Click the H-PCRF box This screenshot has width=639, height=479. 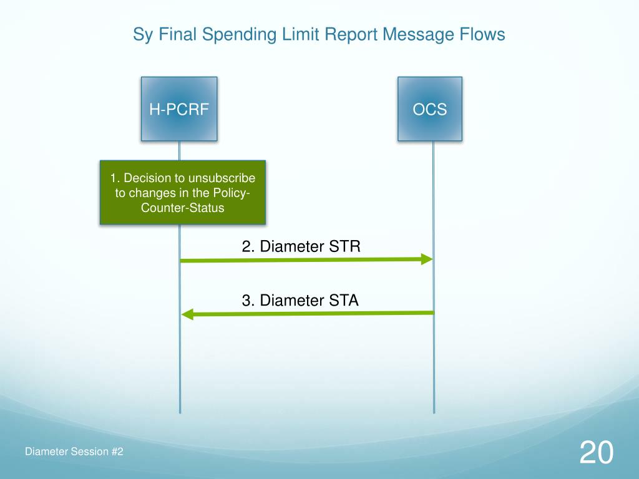coord(179,109)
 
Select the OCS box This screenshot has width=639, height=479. coord(430,109)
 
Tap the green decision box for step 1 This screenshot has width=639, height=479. coord(183,193)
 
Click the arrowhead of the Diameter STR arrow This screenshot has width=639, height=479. coord(427,259)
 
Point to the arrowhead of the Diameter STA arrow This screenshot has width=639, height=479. coord(187,314)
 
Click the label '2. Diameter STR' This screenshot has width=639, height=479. coord(301,246)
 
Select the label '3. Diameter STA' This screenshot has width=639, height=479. coord(300,301)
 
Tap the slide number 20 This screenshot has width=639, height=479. coord(596,452)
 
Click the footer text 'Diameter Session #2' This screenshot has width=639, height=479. coord(74,452)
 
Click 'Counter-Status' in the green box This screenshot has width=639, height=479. coord(183,208)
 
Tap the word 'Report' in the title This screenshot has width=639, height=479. coord(351,35)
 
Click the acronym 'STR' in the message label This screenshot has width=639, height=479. coord(346,246)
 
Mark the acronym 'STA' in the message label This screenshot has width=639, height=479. coord(345,301)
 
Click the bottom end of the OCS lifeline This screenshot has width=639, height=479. coord(434,412)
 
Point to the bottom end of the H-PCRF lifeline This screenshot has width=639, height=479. coord(180,412)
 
